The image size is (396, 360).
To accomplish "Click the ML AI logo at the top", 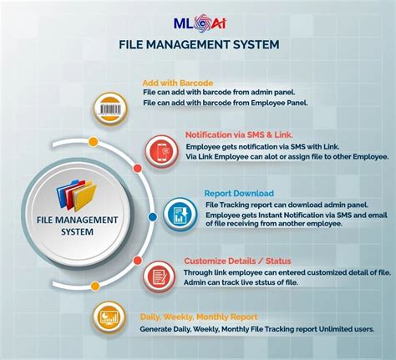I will pos(198,18).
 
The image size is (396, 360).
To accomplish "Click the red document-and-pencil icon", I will pos(157,274).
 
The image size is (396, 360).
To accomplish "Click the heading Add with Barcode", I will pos(176,84).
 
